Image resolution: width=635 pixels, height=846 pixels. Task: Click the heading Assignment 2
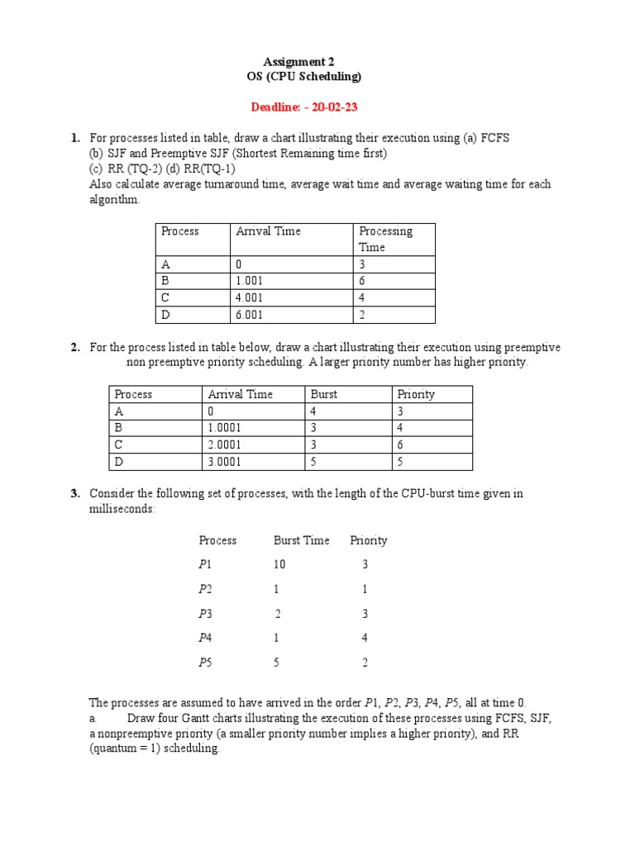tap(298, 61)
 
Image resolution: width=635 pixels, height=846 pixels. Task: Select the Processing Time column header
tap(385, 239)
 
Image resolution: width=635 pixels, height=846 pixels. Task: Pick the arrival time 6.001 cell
tap(253, 315)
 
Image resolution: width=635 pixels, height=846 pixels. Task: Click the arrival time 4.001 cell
tap(253, 297)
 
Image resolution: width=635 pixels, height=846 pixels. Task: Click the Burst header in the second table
tap(323, 394)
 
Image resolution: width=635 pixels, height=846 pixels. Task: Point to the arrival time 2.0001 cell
tap(229, 445)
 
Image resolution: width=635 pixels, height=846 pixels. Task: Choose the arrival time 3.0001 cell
tap(229, 462)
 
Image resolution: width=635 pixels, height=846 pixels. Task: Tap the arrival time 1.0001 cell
tap(229, 428)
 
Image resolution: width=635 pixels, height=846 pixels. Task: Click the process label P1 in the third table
tap(206, 564)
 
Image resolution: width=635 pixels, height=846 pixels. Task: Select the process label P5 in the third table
tap(206, 662)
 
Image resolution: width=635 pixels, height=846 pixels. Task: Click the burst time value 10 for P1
tap(280, 564)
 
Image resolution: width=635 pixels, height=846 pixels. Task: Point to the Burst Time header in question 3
tap(301, 540)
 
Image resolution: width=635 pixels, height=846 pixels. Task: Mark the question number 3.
tap(74, 493)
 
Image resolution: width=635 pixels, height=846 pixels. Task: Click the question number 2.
tap(74, 348)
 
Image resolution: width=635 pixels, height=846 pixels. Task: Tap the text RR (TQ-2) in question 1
tap(127, 169)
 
